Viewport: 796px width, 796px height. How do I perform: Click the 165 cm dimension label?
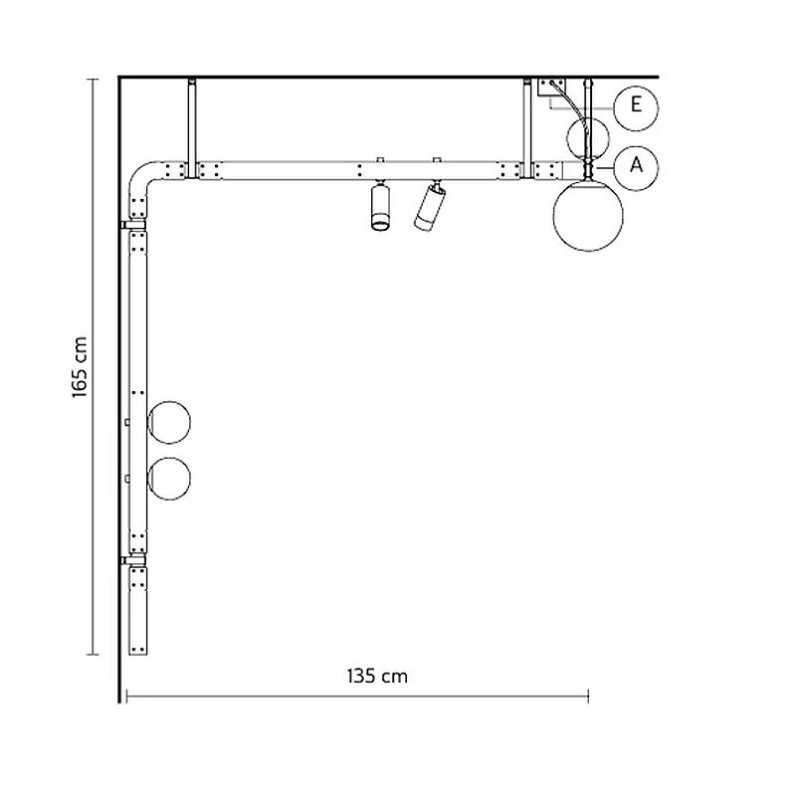click(x=81, y=366)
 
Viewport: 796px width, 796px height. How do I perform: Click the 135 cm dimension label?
click(x=377, y=677)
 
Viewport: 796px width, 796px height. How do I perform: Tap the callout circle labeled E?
click(x=636, y=108)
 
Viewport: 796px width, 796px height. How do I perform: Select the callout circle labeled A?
click(x=636, y=167)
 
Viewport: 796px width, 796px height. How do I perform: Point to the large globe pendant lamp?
click(x=588, y=215)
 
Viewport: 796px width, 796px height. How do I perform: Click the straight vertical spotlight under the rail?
click(x=380, y=207)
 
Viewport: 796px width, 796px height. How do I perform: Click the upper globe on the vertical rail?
click(x=168, y=422)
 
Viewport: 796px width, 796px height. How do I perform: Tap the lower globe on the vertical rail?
click(x=169, y=479)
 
